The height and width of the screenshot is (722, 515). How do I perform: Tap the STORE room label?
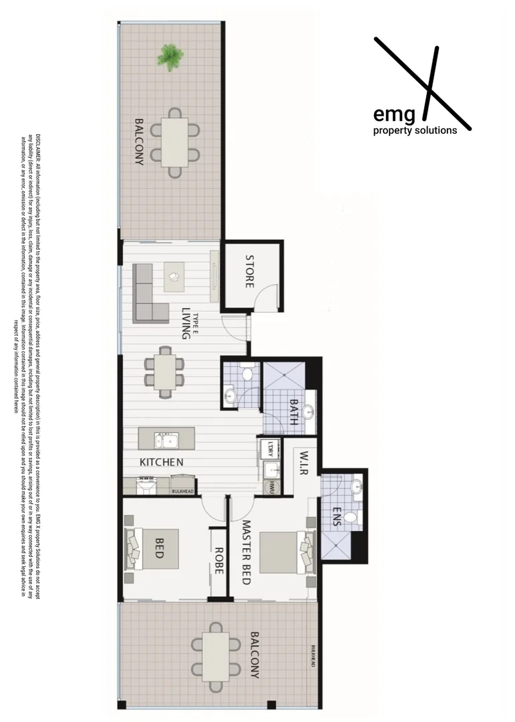coord(249,271)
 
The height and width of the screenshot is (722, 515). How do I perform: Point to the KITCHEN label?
coord(161,462)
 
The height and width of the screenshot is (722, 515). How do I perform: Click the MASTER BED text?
coord(245,553)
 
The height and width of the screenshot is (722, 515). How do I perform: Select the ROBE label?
coord(218,562)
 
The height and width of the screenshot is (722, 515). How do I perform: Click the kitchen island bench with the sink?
coord(166,439)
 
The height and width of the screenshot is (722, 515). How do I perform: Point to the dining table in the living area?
coord(164,372)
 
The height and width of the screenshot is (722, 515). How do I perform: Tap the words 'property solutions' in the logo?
coord(415,130)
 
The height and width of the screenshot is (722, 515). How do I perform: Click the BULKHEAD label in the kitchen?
coord(182,491)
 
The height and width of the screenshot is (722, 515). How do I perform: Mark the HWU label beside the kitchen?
coord(273,489)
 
